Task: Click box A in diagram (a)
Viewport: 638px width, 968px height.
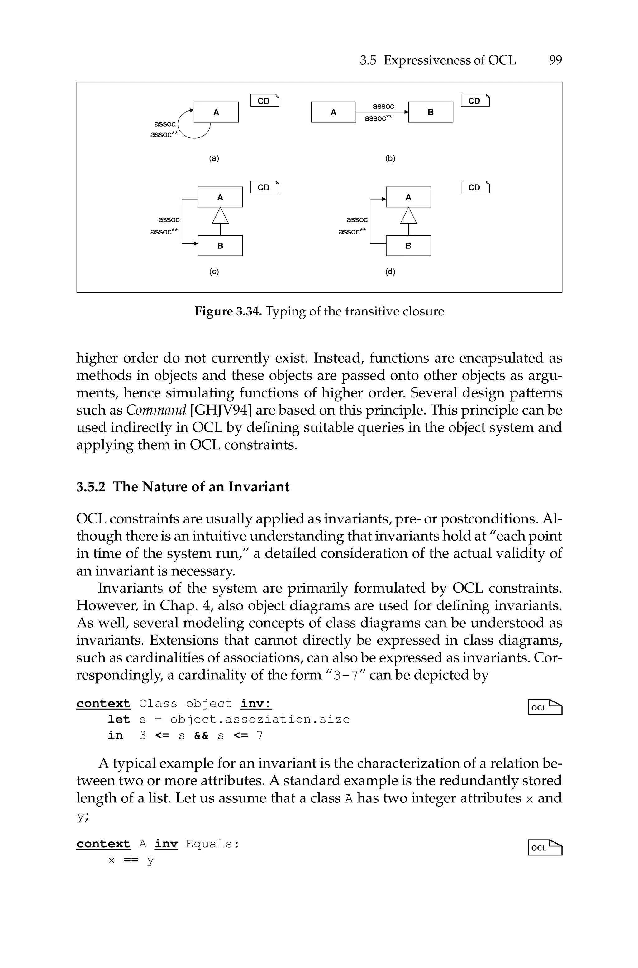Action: point(216,112)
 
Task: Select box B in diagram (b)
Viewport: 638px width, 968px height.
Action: point(431,112)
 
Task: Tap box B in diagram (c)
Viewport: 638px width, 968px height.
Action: point(220,246)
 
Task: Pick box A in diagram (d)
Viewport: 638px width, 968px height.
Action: point(408,197)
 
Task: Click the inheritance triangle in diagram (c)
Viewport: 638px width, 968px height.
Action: point(220,216)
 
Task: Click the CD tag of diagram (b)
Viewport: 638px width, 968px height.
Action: point(475,101)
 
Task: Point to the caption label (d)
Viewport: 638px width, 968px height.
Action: point(390,272)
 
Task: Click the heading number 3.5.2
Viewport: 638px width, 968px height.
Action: point(90,487)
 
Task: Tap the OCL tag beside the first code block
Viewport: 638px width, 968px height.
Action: point(545,707)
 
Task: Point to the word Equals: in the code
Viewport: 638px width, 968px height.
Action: point(212,844)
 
